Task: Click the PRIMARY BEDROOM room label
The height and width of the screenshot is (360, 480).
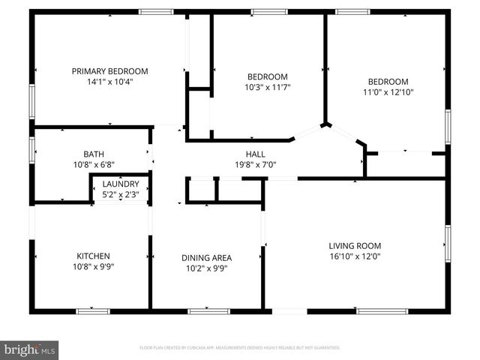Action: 109,71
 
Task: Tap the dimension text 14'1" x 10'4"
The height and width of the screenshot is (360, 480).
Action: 109,82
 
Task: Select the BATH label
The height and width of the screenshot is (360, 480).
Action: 94,153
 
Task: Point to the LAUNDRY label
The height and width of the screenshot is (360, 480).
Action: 121,184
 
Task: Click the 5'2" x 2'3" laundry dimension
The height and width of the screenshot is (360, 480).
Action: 121,194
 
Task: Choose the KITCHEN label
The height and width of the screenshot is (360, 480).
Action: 94,256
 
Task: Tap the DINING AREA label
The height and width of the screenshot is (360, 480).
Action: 206,258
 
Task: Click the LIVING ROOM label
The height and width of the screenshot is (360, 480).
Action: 355,245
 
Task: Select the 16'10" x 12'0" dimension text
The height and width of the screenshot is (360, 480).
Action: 355,256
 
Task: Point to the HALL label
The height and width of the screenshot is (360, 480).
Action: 245,154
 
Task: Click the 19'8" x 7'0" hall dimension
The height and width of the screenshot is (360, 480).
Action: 245,165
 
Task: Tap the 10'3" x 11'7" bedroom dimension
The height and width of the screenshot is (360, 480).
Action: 268,87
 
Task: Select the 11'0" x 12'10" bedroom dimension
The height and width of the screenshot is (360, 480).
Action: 388,92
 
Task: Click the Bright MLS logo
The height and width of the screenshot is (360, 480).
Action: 29,349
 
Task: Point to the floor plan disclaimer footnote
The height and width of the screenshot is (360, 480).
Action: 240,348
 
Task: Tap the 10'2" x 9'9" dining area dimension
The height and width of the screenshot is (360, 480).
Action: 206,268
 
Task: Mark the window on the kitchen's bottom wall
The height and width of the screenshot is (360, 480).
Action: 94,310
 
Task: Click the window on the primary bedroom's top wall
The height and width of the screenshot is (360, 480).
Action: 157,11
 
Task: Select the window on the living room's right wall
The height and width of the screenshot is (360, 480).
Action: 448,247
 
